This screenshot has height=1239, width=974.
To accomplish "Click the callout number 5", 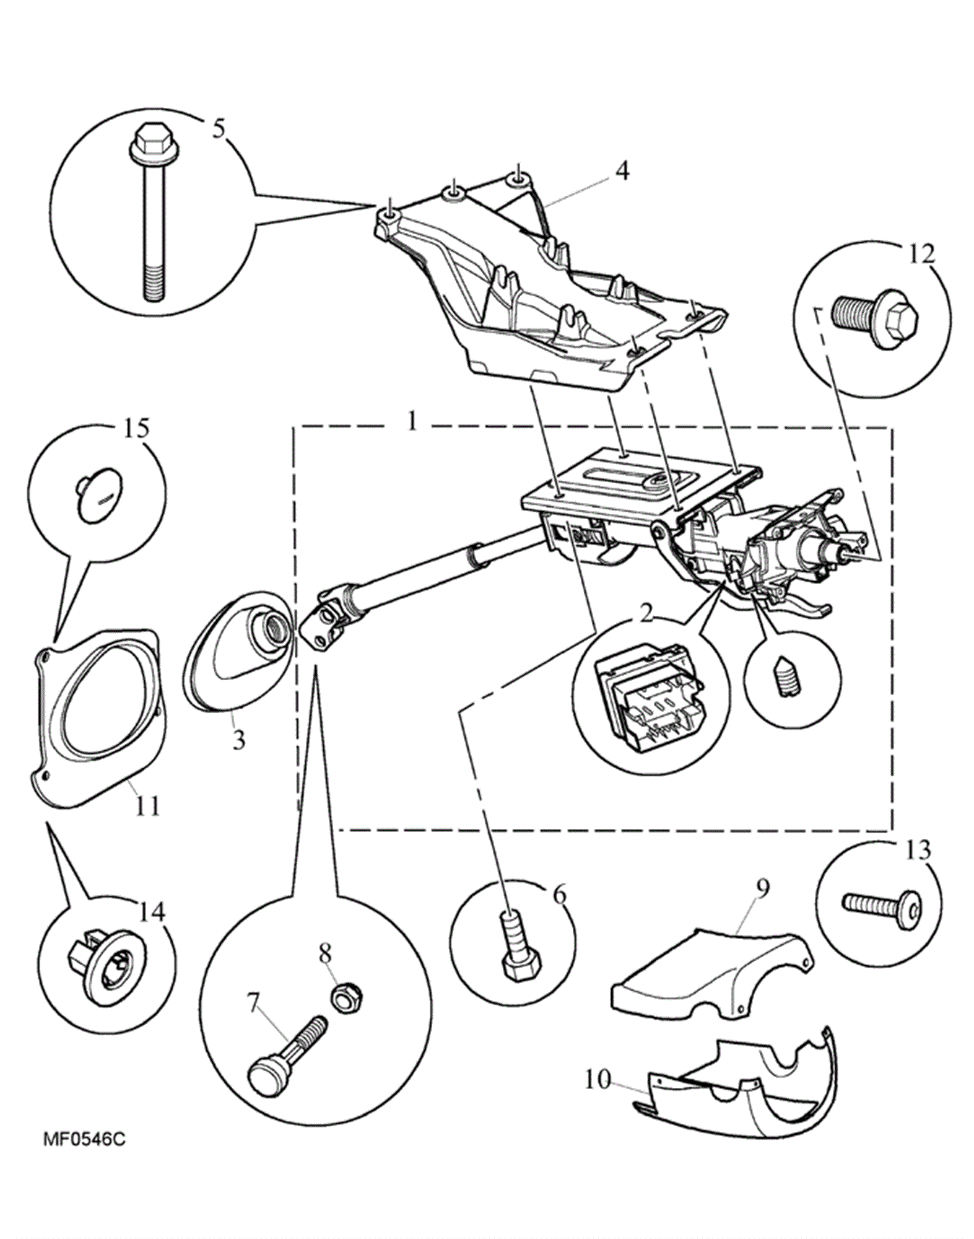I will (x=219, y=130).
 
